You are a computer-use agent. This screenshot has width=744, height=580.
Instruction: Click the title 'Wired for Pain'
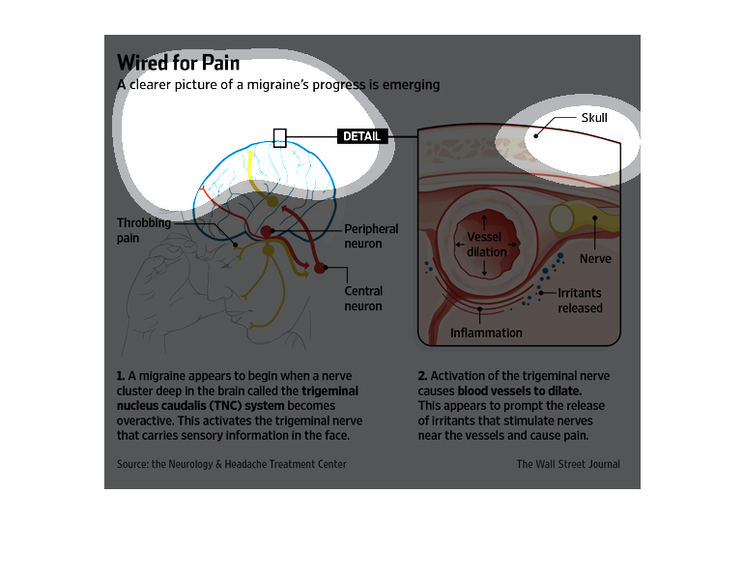click(178, 63)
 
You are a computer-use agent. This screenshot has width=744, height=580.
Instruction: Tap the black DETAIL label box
click(362, 136)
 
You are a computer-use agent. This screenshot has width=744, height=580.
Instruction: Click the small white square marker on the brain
click(280, 137)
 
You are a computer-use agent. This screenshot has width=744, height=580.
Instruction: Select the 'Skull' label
click(594, 118)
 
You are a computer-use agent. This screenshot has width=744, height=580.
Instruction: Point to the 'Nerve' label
click(595, 259)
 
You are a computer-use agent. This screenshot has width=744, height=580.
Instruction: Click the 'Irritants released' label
click(580, 301)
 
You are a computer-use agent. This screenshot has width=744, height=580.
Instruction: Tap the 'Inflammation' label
click(486, 333)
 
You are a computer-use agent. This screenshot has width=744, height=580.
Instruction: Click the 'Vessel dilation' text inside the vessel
click(485, 245)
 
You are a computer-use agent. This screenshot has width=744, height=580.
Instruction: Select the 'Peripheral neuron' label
click(371, 236)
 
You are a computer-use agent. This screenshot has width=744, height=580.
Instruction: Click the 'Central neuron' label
click(363, 299)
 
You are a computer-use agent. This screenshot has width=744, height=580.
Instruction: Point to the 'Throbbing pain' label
click(143, 230)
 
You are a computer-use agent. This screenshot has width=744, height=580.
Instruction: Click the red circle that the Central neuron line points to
click(320, 268)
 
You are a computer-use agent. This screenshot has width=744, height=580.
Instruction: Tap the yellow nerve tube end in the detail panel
click(561, 218)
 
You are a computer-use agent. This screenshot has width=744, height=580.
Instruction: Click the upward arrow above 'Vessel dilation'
click(484, 222)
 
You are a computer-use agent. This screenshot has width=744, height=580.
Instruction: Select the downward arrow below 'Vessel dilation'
click(484, 268)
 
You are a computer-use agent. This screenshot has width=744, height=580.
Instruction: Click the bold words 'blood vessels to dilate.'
click(520, 391)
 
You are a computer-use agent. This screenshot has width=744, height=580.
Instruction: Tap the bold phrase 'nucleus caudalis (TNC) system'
click(200, 406)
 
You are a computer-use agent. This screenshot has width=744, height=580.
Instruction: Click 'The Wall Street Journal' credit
click(568, 464)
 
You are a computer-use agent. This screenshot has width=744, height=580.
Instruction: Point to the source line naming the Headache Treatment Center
click(232, 464)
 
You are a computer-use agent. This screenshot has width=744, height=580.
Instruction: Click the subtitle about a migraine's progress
click(278, 85)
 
